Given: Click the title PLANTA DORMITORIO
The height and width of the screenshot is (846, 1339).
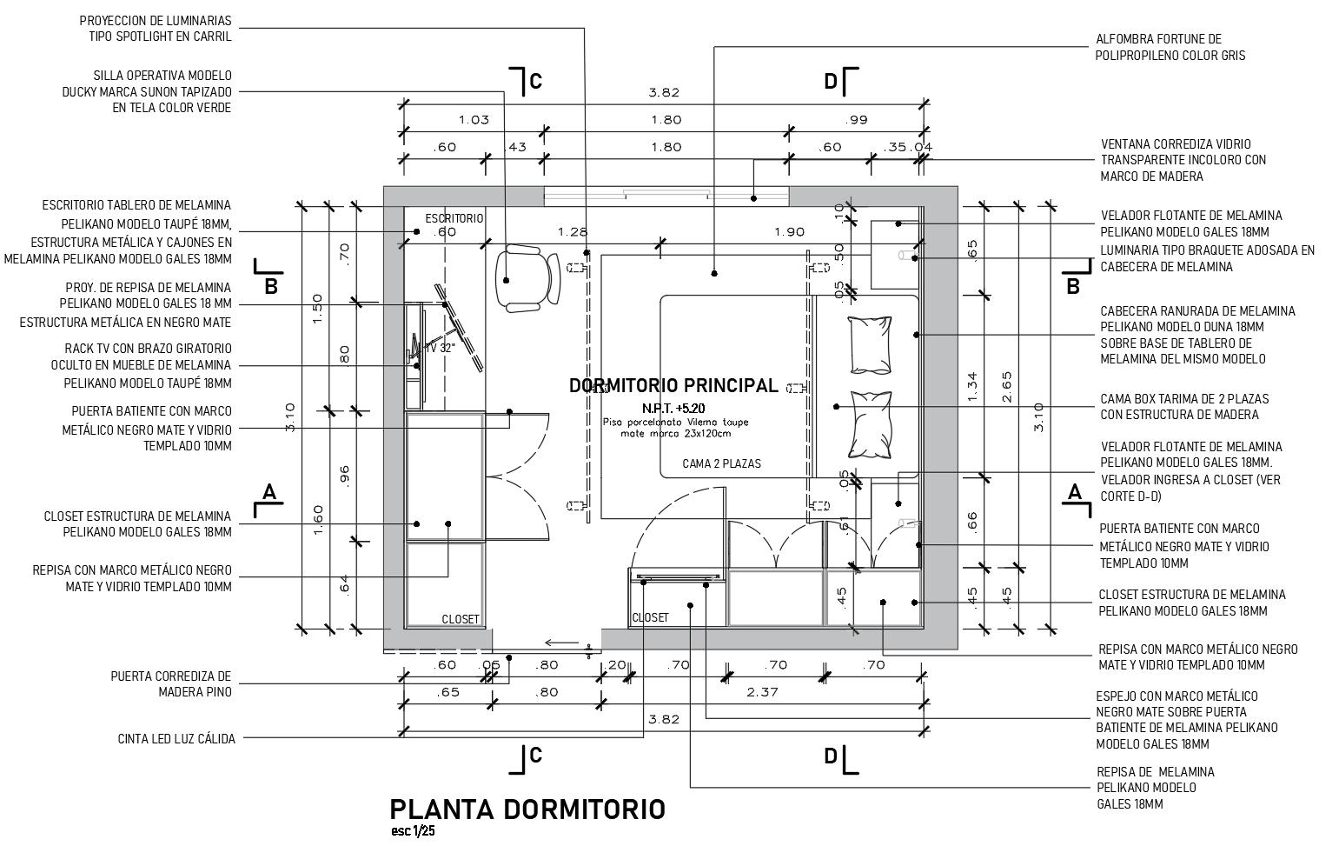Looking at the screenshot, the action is click(x=527, y=809).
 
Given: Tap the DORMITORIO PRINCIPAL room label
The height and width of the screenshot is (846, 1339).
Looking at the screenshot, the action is click(x=673, y=385).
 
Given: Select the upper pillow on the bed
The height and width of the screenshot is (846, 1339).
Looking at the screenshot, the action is click(x=871, y=344).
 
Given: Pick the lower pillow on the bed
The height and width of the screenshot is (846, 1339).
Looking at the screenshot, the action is click(x=871, y=423).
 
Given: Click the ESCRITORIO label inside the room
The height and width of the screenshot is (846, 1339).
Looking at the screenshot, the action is click(x=454, y=218).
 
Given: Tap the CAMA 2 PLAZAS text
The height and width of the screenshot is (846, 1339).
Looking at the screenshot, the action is click(x=721, y=463).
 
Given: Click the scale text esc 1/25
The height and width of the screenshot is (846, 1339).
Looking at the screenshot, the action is click(x=413, y=831).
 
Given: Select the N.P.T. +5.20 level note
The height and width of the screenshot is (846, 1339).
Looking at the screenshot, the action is click(x=673, y=408).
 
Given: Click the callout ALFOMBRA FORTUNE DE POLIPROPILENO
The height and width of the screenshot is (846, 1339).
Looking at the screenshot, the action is click(x=1170, y=47).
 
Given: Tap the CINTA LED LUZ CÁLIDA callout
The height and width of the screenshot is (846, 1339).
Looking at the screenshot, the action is click(x=176, y=739).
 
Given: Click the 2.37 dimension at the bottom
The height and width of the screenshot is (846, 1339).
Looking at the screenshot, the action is click(x=762, y=692).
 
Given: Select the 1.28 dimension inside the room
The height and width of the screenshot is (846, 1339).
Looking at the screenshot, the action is click(x=573, y=232).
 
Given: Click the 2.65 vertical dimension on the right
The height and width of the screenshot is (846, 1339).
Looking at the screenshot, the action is click(x=1006, y=386).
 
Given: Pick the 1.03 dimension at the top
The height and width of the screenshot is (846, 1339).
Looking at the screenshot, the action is click(x=474, y=120).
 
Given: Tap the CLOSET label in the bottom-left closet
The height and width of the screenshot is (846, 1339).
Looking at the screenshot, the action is click(x=461, y=619).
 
